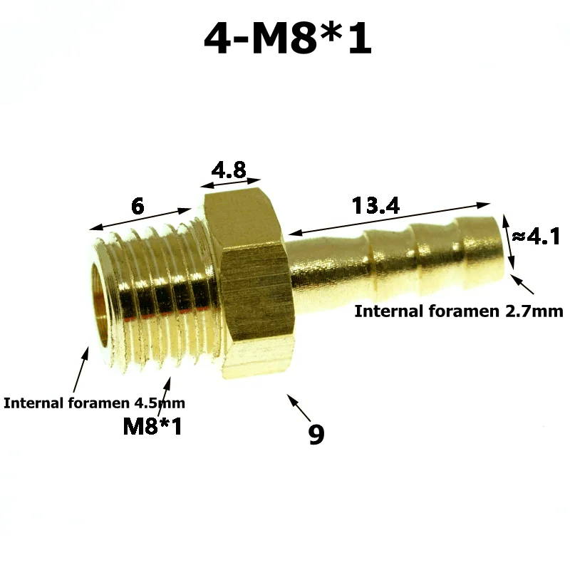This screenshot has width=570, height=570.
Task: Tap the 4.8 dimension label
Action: [x=229, y=170]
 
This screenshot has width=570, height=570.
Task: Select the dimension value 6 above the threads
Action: [x=138, y=206]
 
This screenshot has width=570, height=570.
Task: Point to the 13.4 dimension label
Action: [x=375, y=205]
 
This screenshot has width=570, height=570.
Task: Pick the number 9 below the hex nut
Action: [x=316, y=434]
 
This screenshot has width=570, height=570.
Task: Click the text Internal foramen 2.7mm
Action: [x=459, y=311]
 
